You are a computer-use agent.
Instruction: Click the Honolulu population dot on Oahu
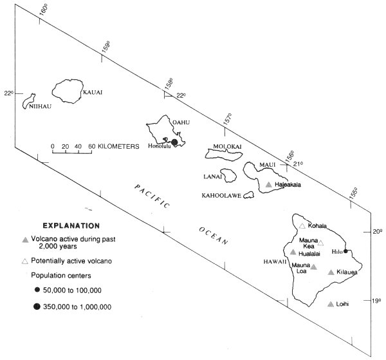pyautogui.click(x=174, y=142)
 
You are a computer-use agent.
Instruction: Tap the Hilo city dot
pyautogui.click(x=345, y=251)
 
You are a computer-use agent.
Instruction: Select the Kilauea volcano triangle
pyautogui.click(x=331, y=272)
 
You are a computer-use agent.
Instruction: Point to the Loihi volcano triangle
pyautogui.click(x=331, y=304)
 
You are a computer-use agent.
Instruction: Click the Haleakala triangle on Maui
pyautogui.click(x=269, y=184)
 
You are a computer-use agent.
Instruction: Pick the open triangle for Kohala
pyautogui.click(x=302, y=225)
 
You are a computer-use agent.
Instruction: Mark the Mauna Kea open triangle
pyautogui.click(x=320, y=243)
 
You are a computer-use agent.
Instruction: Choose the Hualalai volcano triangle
pyautogui.click(x=293, y=252)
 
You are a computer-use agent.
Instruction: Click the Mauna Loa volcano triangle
pyautogui.click(x=313, y=267)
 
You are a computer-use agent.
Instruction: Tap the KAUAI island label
pyautogui.click(x=93, y=92)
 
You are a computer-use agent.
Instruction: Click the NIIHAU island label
pyautogui.click(x=40, y=106)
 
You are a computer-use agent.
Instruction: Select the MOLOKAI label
pyautogui.click(x=227, y=146)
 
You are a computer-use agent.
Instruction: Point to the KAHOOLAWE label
pyautogui.click(x=221, y=196)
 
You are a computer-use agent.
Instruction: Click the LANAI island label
pyautogui.click(x=213, y=176)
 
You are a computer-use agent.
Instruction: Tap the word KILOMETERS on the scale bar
pyautogui.click(x=118, y=147)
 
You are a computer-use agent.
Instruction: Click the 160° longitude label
pyautogui.click(x=43, y=10)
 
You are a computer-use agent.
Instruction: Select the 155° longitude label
pyautogui.click(x=353, y=193)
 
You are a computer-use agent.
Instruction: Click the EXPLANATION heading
pyautogui.click(x=71, y=225)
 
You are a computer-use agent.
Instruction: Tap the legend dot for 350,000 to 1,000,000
pyautogui.click(x=37, y=307)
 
